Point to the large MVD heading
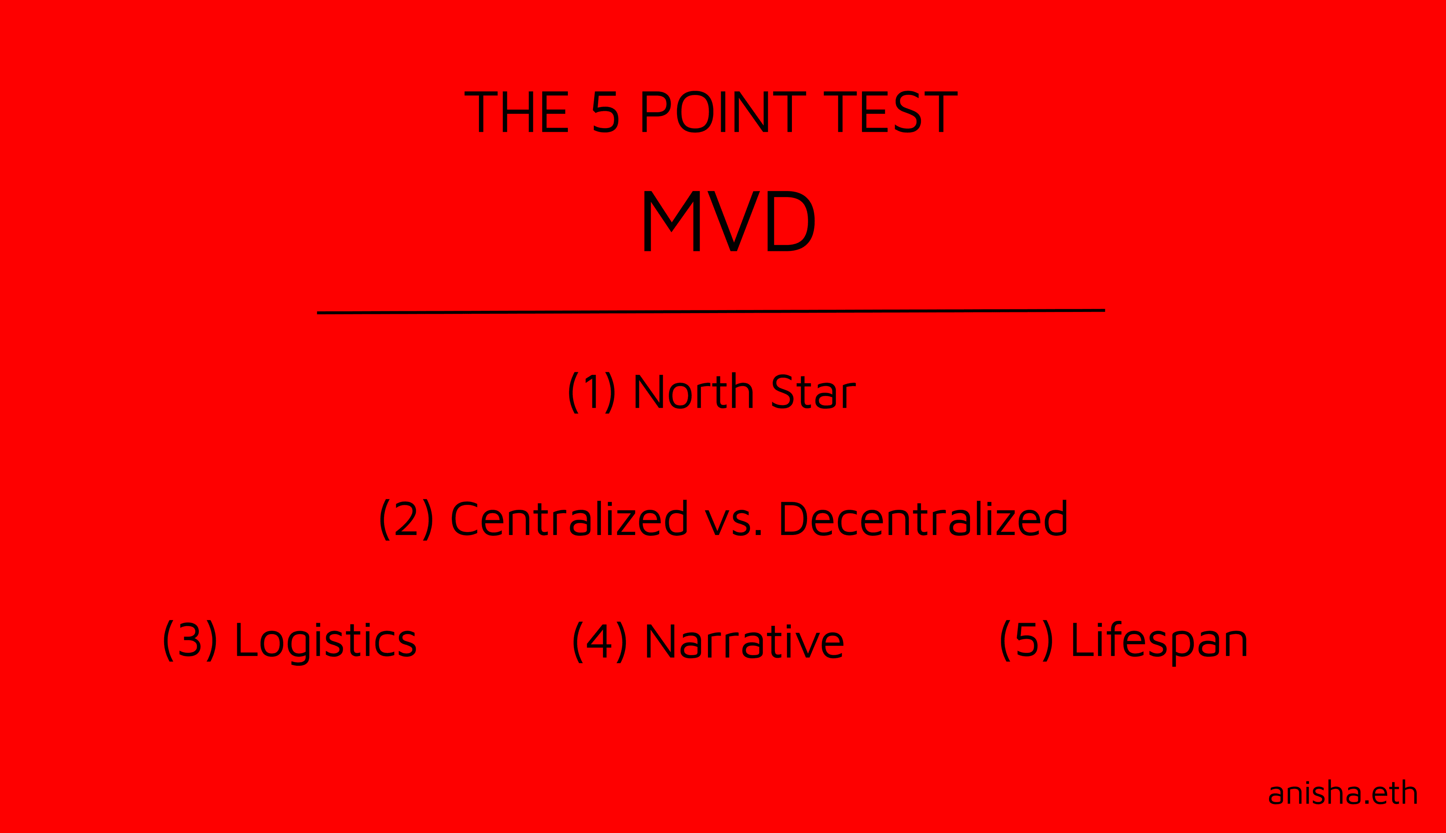(x=729, y=221)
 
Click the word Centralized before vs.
(x=569, y=518)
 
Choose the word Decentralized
(x=923, y=518)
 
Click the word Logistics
(x=326, y=643)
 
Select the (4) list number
(x=599, y=642)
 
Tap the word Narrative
(x=745, y=641)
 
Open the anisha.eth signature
(x=1343, y=792)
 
